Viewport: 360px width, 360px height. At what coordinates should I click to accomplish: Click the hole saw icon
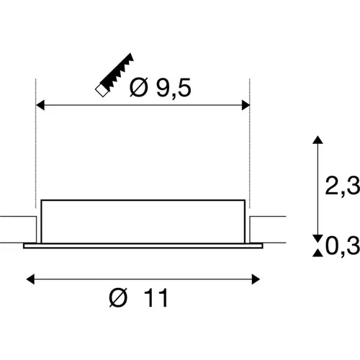pyautogui.click(x=114, y=74)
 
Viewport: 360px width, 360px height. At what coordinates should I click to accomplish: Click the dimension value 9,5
pyautogui.click(x=174, y=88)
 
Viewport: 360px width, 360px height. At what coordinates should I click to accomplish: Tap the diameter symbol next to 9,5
pyautogui.click(x=139, y=88)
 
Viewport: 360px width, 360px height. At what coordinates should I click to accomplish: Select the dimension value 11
pyautogui.click(x=156, y=298)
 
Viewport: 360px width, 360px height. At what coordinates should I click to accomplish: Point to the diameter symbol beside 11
pyautogui.click(x=118, y=298)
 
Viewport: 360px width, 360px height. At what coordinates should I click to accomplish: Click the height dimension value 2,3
pyautogui.click(x=342, y=185)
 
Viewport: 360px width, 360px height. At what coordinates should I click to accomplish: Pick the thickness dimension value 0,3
pyautogui.click(x=343, y=246)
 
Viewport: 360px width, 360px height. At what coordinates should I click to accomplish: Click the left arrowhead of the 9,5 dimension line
pyautogui.click(x=40, y=105)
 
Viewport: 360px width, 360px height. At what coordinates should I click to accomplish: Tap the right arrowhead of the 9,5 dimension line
pyautogui.click(x=246, y=105)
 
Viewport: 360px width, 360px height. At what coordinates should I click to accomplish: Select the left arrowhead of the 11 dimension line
pyautogui.click(x=30, y=279)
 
